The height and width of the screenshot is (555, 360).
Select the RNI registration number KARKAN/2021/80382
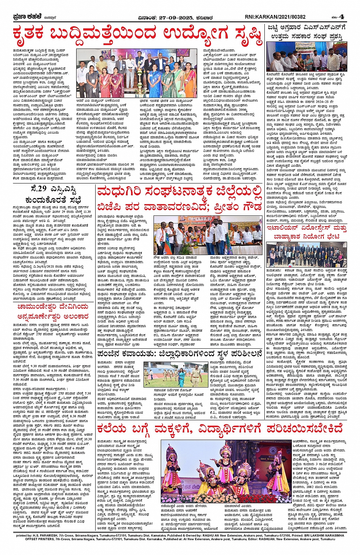pyautogui.click(x=282, y=17)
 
